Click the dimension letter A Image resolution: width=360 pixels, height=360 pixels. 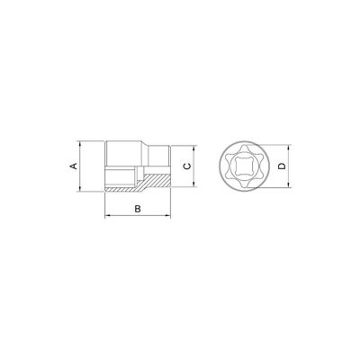coord(74,166)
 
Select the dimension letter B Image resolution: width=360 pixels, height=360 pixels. coord(138,209)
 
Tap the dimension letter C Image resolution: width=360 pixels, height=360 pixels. coord(187,166)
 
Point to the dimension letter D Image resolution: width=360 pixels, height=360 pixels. coord(282,166)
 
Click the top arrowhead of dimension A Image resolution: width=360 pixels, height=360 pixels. coord(80,144)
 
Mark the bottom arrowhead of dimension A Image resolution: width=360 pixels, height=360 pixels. coord(80,188)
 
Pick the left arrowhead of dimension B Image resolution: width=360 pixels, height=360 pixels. coord(108,215)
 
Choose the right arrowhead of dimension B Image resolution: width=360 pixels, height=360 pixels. coord(167,215)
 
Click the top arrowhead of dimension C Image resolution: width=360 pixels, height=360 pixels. coord(194,149)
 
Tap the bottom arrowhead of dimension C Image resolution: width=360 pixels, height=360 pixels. coord(194,184)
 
